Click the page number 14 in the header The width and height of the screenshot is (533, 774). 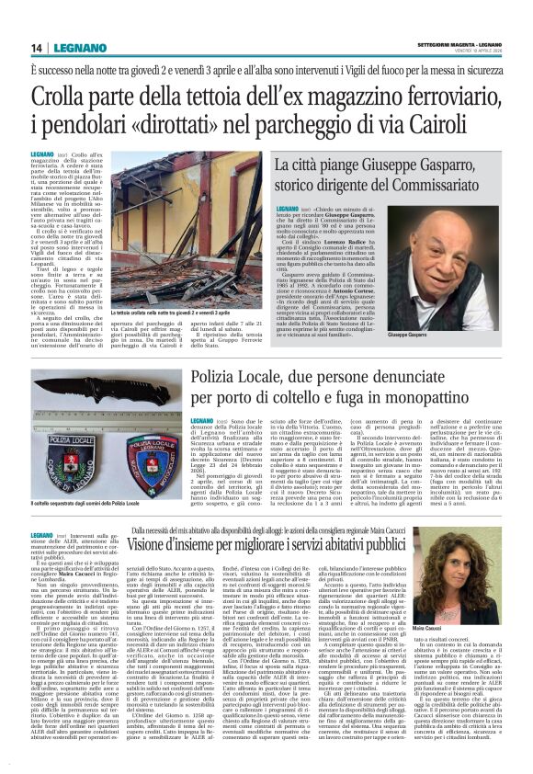click(38, 47)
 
